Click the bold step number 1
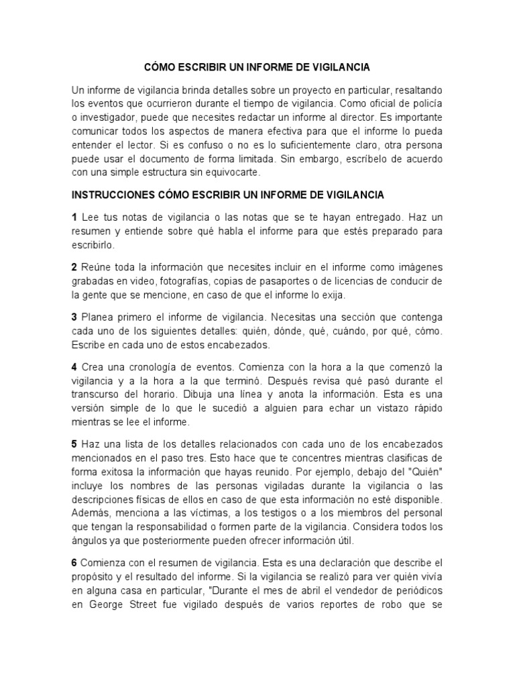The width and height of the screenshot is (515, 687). point(74,218)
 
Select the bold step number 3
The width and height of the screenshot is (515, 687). point(74,317)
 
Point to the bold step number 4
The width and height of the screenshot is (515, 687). point(74,368)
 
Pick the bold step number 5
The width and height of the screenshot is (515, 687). point(74,445)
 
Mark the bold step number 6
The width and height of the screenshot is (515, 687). point(74,562)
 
